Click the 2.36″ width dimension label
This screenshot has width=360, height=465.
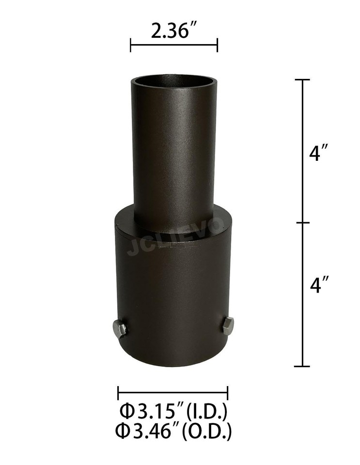click(x=173, y=32)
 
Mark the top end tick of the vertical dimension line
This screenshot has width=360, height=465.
click(x=303, y=79)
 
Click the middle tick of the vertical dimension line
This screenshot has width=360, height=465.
click(x=303, y=223)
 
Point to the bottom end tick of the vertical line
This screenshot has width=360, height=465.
click(x=303, y=366)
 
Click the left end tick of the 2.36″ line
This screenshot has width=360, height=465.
click(x=131, y=46)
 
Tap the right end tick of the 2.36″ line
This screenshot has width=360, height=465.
click(x=217, y=46)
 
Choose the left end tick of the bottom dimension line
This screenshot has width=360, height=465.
click(x=118, y=393)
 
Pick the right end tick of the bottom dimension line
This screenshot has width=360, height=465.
click(x=228, y=393)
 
